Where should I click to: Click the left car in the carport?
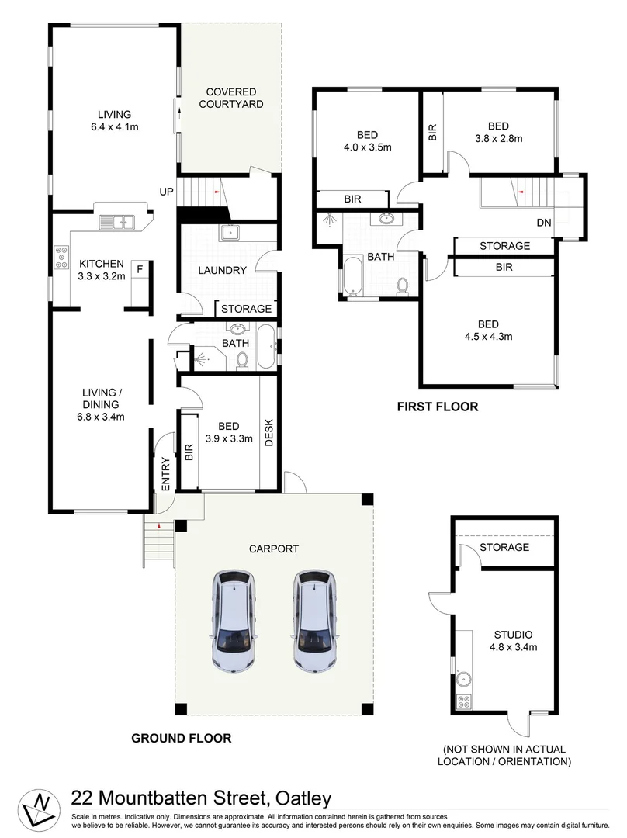click(x=234, y=620)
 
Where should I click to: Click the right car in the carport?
click(x=315, y=620)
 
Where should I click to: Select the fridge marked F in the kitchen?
click(x=140, y=269)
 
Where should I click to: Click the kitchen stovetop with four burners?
click(x=61, y=257)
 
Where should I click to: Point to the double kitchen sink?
click(x=116, y=221)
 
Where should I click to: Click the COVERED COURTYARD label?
click(x=231, y=98)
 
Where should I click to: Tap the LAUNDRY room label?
click(x=223, y=271)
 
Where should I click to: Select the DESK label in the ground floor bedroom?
click(x=268, y=432)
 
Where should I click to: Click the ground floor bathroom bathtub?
click(x=267, y=346)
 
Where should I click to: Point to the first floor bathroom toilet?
click(x=403, y=286)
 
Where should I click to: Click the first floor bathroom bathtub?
click(x=353, y=275)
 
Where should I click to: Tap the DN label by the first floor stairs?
click(x=544, y=223)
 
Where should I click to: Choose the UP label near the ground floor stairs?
click(x=166, y=191)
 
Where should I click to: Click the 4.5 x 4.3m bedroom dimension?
click(x=489, y=337)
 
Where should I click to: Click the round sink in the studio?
click(x=463, y=680)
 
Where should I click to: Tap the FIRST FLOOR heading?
click(x=438, y=407)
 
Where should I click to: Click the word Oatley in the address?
click(x=303, y=798)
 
